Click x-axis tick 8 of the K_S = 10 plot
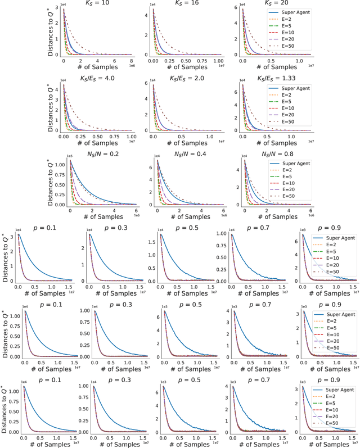coord(130,62)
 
